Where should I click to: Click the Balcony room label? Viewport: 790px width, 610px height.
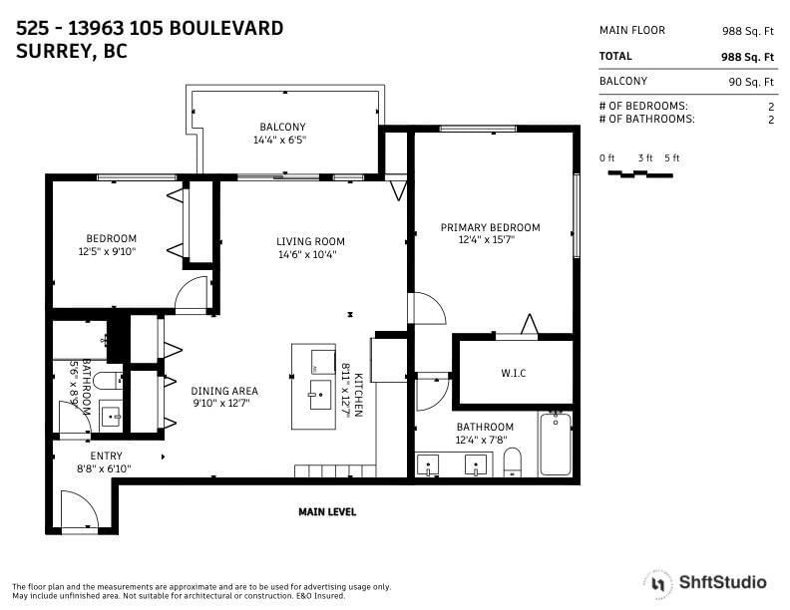(282, 127)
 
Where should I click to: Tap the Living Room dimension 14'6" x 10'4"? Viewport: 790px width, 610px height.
(307, 255)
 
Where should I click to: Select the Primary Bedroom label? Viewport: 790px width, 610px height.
(490, 227)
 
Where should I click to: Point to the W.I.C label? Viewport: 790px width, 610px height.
(514, 373)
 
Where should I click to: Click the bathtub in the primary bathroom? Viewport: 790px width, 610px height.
(555, 444)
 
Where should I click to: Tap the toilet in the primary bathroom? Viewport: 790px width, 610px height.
(512, 461)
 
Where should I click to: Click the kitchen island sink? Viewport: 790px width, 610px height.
(320, 395)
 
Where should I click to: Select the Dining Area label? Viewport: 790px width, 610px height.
(224, 391)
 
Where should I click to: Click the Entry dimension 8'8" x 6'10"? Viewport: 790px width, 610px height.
(104, 468)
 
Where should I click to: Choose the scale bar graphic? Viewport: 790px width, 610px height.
(639, 174)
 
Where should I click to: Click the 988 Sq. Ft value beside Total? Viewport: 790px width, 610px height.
(747, 57)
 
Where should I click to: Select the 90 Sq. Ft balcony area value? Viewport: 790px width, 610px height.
(751, 82)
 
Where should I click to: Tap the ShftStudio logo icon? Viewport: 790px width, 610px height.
(658, 584)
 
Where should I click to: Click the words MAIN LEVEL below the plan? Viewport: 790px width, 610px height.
(327, 512)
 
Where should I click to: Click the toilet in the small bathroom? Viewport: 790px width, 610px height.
(108, 381)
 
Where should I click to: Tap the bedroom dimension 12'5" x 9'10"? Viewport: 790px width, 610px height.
(108, 251)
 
